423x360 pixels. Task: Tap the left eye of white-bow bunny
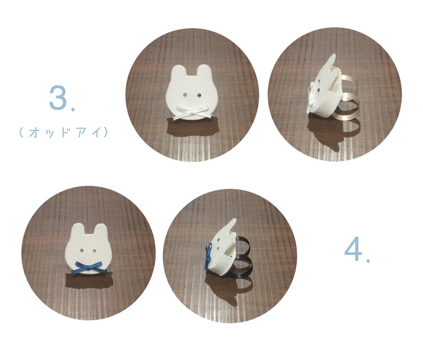coord(185,95)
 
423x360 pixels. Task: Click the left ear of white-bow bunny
coord(178,72)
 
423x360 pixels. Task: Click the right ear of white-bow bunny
coord(204,72)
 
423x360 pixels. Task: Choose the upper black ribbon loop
coord(244,243)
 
